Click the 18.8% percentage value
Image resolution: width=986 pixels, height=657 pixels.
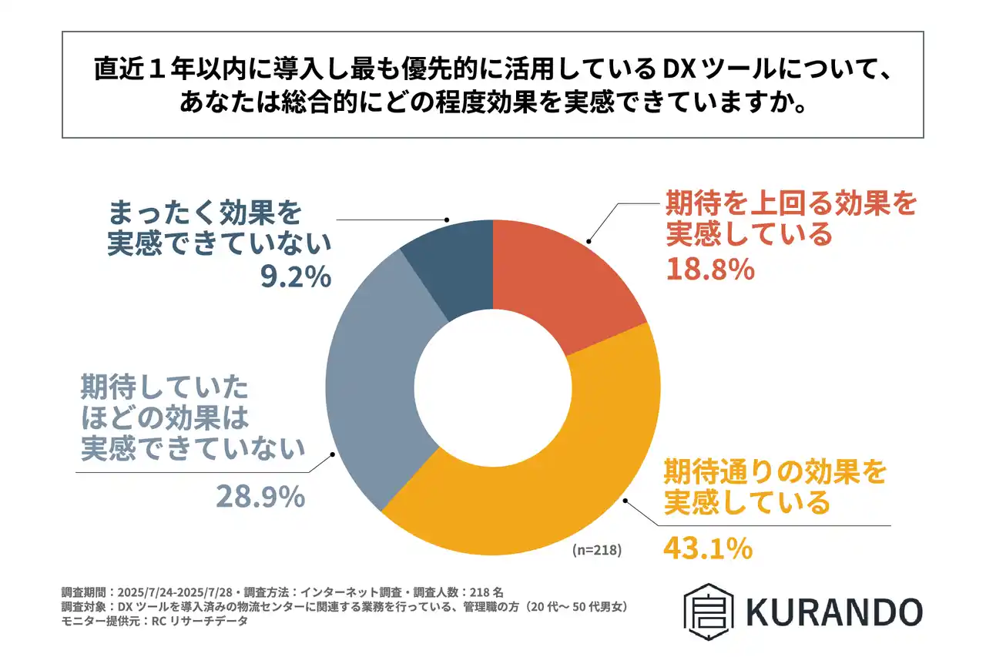click(x=709, y=270)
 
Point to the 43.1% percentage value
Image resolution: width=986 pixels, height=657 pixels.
click(x=707, y=548)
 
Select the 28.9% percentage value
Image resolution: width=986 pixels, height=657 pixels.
click(x=260, y=497)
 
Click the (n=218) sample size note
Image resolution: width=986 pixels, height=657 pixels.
click(x=596, y=551)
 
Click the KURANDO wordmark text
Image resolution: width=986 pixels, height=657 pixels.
click(x=833, y=612)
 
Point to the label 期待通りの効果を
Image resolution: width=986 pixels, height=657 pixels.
click(x=775, y=471)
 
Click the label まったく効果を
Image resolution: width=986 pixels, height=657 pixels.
click(x=203, y=211)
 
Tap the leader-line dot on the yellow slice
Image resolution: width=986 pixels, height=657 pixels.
click(x=623, y=499)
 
